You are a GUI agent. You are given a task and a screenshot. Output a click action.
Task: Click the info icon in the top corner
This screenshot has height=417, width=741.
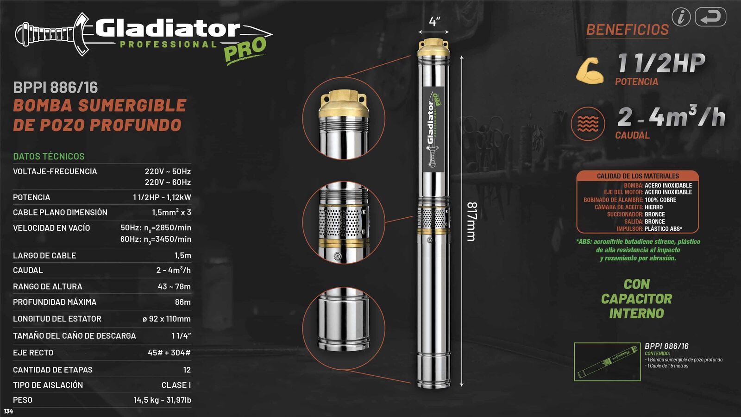click(x=681, y=17)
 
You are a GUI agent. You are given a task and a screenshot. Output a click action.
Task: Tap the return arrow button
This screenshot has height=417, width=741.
click(x=710, y=17)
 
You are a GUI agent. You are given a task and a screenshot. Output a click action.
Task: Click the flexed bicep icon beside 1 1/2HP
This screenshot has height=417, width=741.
click(x=590, y=71)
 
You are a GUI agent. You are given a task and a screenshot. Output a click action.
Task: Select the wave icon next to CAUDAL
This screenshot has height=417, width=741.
click(x=588, y=124)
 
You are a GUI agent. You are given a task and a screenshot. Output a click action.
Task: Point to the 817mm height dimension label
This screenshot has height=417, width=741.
click(x=471, y=221)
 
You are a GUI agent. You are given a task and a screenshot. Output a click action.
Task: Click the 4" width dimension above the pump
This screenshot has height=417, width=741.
click(x=434, y=22)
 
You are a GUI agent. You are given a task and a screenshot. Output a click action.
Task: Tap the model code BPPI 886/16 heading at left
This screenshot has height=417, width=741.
click(x=56, y=88)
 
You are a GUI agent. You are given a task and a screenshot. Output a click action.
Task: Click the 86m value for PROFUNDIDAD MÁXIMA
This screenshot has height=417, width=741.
click(x=182, y=302)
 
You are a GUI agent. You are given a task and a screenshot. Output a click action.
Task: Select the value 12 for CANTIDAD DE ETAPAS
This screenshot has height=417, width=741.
click(x=187, y=370)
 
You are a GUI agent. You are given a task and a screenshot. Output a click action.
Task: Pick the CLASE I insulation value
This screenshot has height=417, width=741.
click(x=176, y=385)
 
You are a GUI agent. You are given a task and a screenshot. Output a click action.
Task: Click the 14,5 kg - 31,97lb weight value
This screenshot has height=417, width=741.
click(x=162, y=400)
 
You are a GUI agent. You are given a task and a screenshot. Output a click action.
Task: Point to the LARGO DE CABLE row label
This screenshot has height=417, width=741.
click(x=44, y=255)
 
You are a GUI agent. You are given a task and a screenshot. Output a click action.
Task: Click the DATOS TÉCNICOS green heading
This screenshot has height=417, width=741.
click(x=49, y=156)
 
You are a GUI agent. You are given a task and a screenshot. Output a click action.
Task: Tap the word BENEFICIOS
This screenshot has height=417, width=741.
click(x=628, y=30)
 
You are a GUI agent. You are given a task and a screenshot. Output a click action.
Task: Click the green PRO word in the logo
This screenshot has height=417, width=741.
click(x=245, y=49)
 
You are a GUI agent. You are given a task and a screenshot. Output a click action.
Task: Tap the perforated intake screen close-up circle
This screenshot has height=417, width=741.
click(x=344, y=223)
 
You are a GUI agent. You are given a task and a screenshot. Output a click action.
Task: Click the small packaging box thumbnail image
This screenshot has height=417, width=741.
click(x=607, y=362)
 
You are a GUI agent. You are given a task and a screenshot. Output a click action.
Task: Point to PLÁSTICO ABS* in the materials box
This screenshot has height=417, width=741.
click(x=663, y=229)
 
